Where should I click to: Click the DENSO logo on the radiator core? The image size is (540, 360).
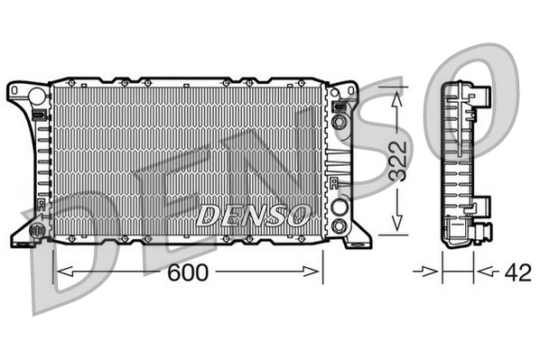[254, 216]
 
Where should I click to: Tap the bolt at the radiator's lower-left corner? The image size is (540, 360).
[38, 230]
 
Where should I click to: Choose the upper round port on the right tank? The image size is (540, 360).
[339, 122]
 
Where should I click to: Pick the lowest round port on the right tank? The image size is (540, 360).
[339, 225]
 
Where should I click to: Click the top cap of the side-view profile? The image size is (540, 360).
[461, 85]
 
